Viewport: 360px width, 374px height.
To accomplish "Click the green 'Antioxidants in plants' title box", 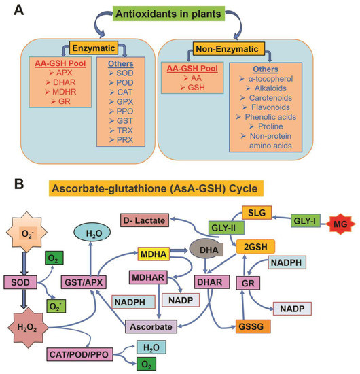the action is [x=168, y=14].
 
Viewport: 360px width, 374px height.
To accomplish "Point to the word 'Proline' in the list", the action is [x=270, y=126].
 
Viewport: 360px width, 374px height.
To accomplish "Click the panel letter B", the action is [x=19, y=184].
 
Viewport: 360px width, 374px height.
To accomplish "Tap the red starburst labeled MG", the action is [x=340, y=224].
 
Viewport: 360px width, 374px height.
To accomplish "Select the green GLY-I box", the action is [x=305, y=220].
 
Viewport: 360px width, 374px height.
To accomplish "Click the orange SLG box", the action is [x=257, y=213].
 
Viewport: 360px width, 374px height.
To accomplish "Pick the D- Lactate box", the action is [x=145, y=220].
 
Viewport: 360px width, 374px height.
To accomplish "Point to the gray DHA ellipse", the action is [x=206, y=250].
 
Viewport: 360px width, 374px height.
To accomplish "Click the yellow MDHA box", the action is [x=154, y=254].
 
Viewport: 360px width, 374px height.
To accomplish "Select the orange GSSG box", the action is [x=253, y=326].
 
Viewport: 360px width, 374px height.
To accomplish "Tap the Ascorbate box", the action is [x=151, y=326].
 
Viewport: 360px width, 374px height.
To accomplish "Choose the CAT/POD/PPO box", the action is [x=79, y=355].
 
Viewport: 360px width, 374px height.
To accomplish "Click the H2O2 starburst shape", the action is [x=28, y=328].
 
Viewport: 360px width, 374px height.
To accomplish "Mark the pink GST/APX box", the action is [x=84, y=282].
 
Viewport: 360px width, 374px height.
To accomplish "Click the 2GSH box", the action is [x=255, y=247].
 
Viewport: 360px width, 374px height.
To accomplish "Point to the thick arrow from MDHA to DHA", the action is [x=179, y=250].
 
